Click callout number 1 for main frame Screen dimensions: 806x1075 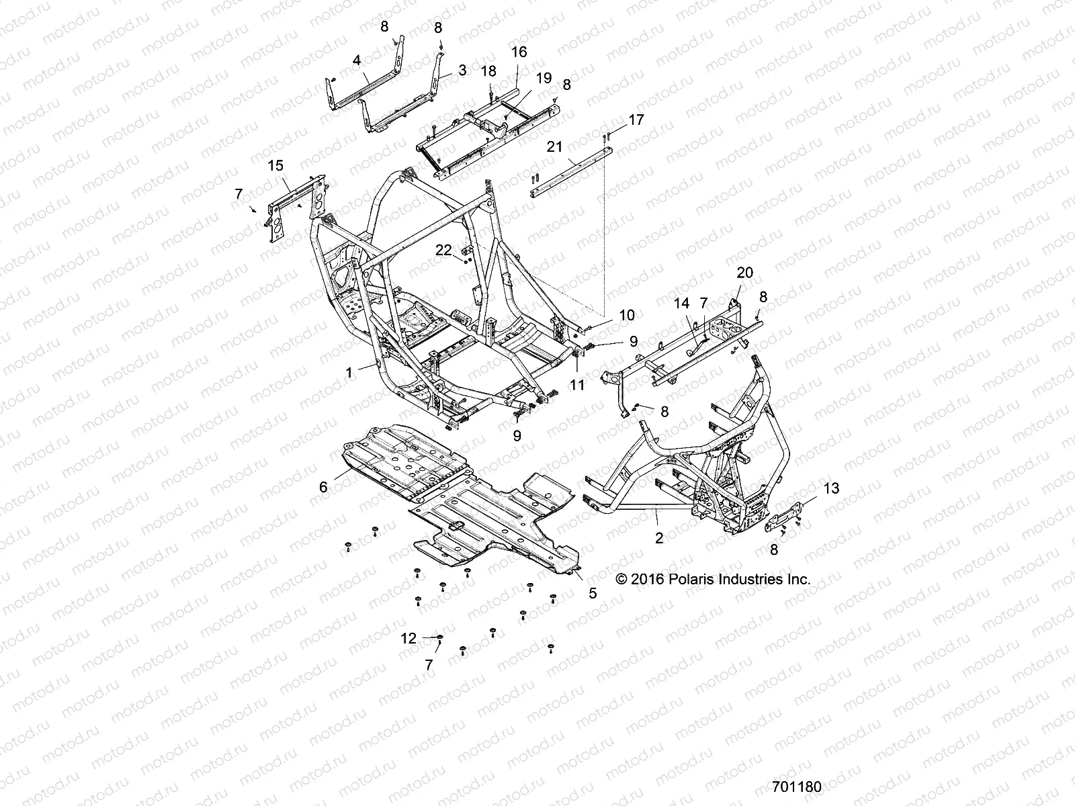[x=349, y=371]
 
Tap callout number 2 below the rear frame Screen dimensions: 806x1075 [x=659, y=537]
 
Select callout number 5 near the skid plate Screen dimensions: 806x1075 [x=593, y=593]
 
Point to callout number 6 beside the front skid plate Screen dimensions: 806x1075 [x=323, y=487]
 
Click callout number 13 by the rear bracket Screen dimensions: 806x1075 [x=831, y=488]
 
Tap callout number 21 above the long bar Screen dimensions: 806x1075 [x=554, y=147]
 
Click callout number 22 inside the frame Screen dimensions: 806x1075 [x=443, y=250]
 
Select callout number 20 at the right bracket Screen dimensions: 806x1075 [x=745, y=273]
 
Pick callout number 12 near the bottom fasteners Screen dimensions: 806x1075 [x=408, y=638]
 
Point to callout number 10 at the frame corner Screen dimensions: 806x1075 [x=626, y=315]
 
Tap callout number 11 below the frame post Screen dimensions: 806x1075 [x=577, y=385]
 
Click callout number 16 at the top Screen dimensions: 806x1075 [x=519, y=52]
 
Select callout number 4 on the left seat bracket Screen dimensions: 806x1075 [x=357, y=60]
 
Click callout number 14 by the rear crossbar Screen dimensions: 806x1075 [x=681, y=304]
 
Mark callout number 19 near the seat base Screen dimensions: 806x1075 [x=544, y=78]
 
